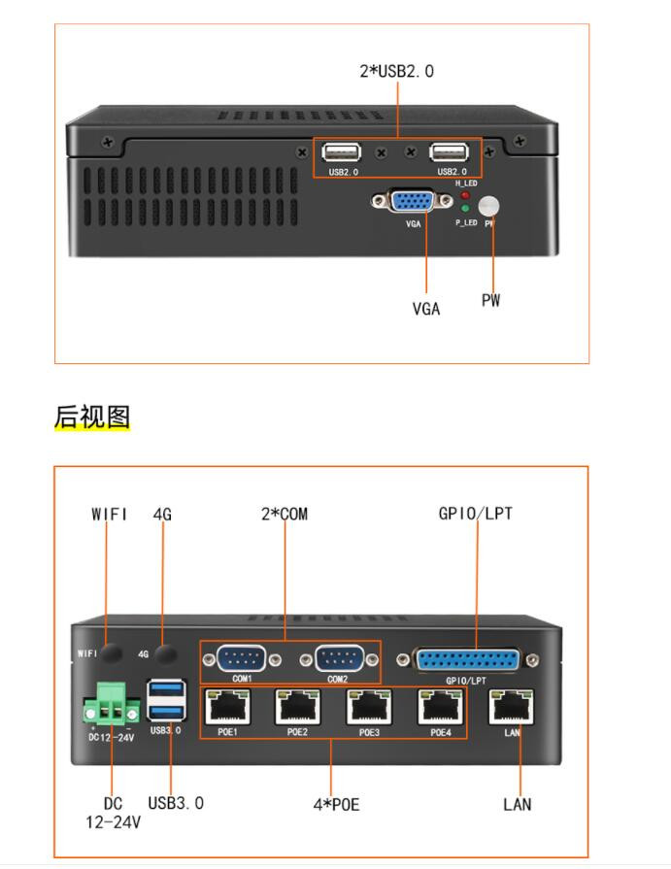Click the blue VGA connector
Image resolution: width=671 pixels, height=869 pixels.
click(x=412, y=201)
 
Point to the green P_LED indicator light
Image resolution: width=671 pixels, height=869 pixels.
click(x=465, y=209)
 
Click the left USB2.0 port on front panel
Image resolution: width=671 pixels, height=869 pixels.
click(x=343, y=152)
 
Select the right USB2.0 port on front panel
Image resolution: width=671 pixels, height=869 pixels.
click(x=450, y=152)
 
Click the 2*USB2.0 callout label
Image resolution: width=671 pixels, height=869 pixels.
click(x=396, y=71)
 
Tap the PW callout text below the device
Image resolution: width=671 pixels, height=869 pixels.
click(x=491, y=301)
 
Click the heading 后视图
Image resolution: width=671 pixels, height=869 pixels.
click(x=92, y=417)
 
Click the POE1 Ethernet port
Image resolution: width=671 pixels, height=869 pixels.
click(x=227, y=707)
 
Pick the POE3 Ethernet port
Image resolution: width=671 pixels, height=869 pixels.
click(x=369, y=707)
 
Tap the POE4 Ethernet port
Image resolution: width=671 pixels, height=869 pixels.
click(x=440, y=707)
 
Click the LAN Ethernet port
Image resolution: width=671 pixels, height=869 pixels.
click(x=512, y=707)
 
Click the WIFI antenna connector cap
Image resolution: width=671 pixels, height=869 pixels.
click(x=115, y=652)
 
